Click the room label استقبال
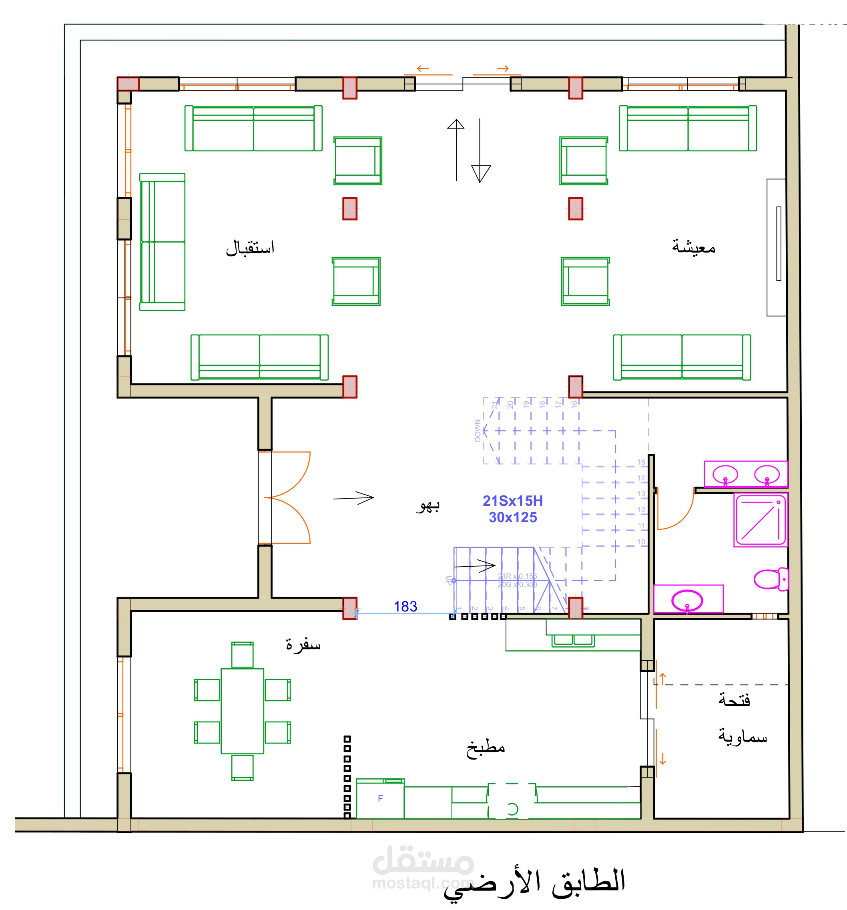click(x=250, y=248)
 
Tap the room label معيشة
click(x=693, y=247)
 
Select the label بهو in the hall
click(x=428, y=506)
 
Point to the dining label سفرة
click(x=303, y=645)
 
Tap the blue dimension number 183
click(x=405, y=607)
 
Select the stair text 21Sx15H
click(x=512, y=501)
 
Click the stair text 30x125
click(x=512, y=517)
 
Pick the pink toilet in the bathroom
click(x=770, y=579)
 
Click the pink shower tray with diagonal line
click(x=760, y=519)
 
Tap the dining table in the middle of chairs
click(x=242, y=711)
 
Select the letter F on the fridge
click(x=380, y=798)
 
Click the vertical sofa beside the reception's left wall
click(x=162, y=242)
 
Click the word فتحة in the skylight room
click(x=734, y=700)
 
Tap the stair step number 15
click(x=641, y=462)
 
